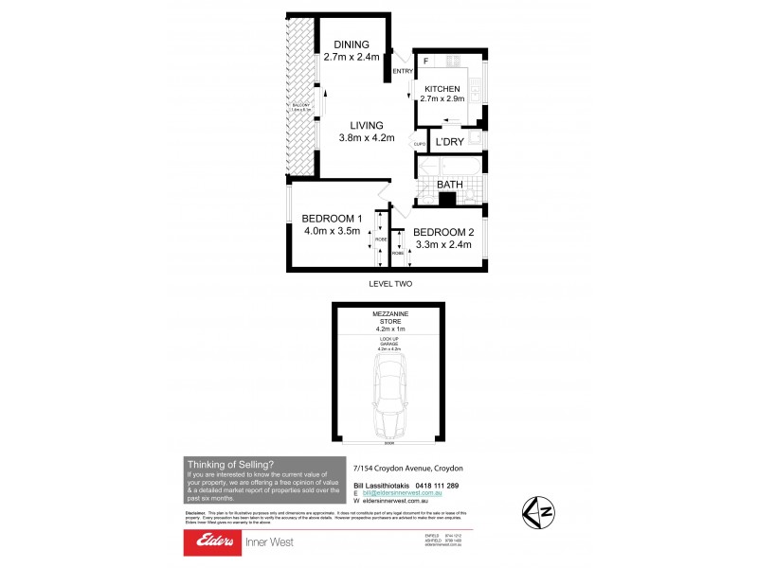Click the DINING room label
(x=352, y=44)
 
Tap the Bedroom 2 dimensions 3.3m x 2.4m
(x=442, y=245)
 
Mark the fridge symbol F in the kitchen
(x=427, y=62)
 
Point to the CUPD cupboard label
(x=421, y=144)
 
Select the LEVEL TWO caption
(x=389, y=284)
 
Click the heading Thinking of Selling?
(x=230, y=464)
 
